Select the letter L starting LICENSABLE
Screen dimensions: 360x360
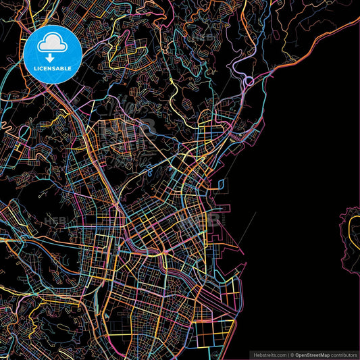[34, 68]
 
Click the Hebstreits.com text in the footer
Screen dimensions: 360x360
[269, 354]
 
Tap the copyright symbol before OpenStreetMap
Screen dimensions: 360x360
[292, 354]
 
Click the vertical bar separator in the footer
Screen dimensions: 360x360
[288, 354]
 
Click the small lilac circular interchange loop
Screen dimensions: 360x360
[249, 82]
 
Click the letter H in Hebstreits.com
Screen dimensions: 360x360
[254, 354]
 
